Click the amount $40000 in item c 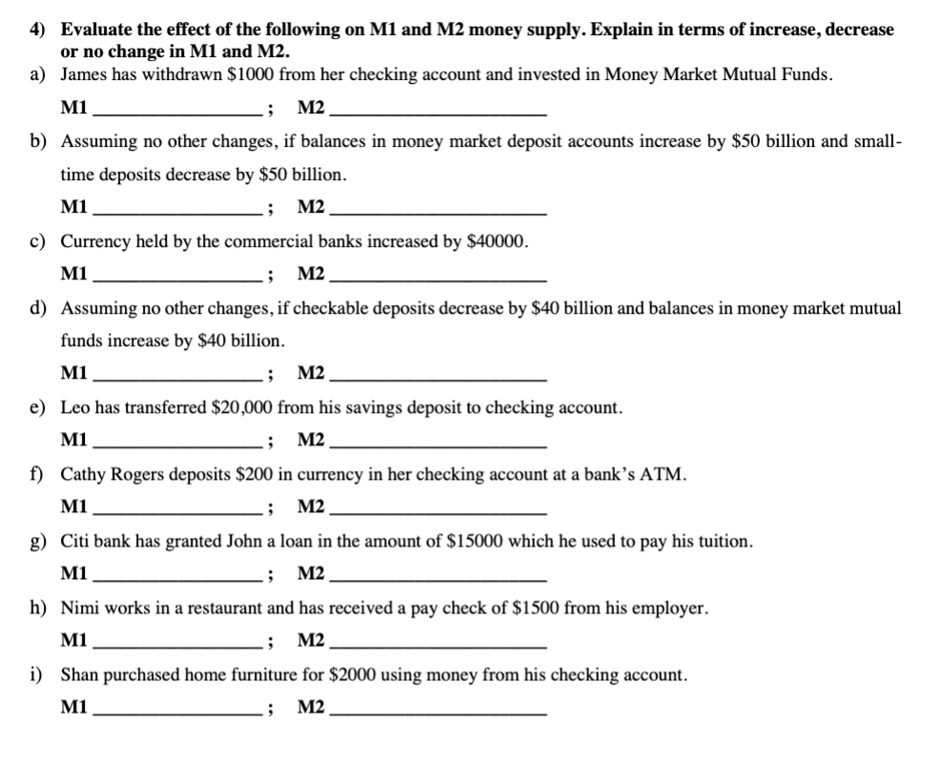[x=497, y=241]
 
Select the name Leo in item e [x=75, y=407]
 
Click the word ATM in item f [x=664, y=474]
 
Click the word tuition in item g [x=724, y=541]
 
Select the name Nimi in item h [x=79, y=608]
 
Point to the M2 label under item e [x=311, y=440]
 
